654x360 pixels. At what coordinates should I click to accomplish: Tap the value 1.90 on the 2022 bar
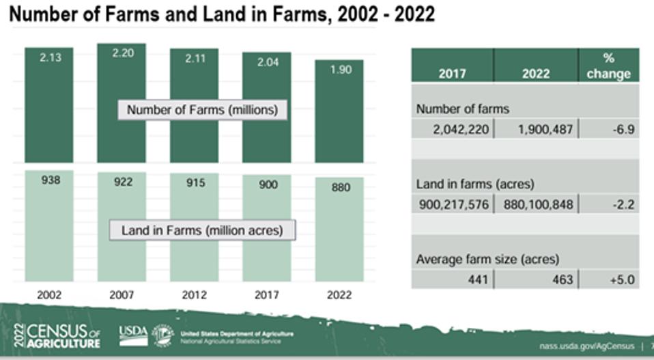point(339,69)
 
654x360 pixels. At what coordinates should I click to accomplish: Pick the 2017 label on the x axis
point(266,295)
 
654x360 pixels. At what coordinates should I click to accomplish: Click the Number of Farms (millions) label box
point(202,110)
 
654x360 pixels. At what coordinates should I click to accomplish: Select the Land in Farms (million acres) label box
point(202,230)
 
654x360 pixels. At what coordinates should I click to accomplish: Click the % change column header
point(608,66)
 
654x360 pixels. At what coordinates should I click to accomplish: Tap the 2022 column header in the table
point(535,74)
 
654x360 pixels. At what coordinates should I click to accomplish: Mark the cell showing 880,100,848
point(535,204)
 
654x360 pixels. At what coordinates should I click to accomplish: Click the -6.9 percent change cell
point(608,128)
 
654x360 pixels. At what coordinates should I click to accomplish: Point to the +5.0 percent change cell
point(608,279)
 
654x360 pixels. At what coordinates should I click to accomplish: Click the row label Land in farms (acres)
point(465,184)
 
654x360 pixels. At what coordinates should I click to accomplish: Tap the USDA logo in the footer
point(133,333)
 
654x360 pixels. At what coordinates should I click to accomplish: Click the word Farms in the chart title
point(125,15)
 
